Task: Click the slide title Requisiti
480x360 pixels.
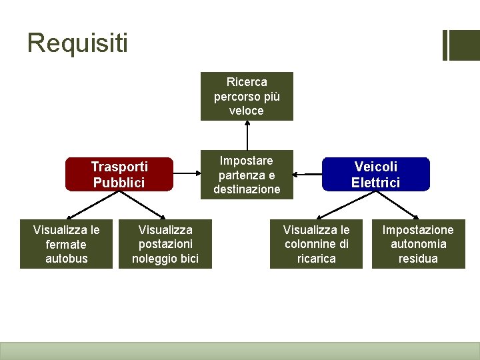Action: pos(77,43)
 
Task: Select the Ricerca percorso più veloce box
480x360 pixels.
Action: pos(247,96)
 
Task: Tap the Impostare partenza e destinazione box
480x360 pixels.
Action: pos(247,175)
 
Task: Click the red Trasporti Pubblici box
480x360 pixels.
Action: pos(119,175)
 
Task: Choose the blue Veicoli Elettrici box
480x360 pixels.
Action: pos(376,175)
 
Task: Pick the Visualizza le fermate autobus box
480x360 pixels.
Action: pos(66,244)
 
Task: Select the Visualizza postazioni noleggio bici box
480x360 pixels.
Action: pos(165,244)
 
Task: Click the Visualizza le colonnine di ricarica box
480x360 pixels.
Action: pos(316,244)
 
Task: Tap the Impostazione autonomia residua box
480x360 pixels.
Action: pos(418,244)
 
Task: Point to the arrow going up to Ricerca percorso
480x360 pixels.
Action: pos(247,135)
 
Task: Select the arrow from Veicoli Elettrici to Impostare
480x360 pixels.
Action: pos(308,175)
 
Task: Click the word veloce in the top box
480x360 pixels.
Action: pos(247,111)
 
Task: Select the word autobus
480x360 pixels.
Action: pos(66,259)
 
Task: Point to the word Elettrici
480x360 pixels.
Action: pos(376,183)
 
